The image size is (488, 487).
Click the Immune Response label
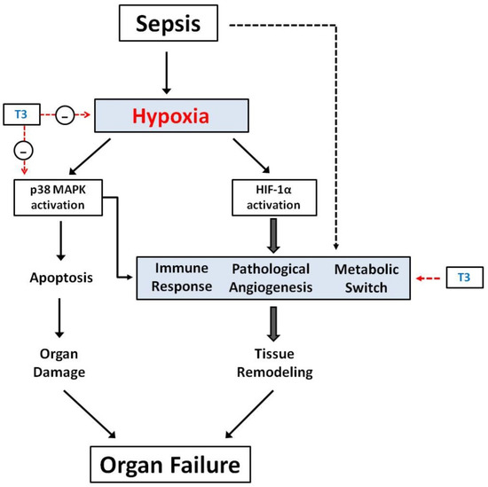tap(184, 278)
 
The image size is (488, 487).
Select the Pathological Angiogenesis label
tap(271, 278)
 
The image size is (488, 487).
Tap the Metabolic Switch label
tap(366, 278)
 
